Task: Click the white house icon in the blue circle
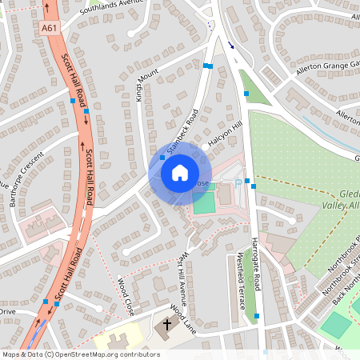pos(180,171)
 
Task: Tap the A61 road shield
pos(50,28)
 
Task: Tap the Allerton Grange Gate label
pos(325,73)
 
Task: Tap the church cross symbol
pos(167,326)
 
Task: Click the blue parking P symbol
pos(238,182)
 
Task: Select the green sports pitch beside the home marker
pos(203,201)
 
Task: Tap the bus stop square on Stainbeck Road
pos(163,158)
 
